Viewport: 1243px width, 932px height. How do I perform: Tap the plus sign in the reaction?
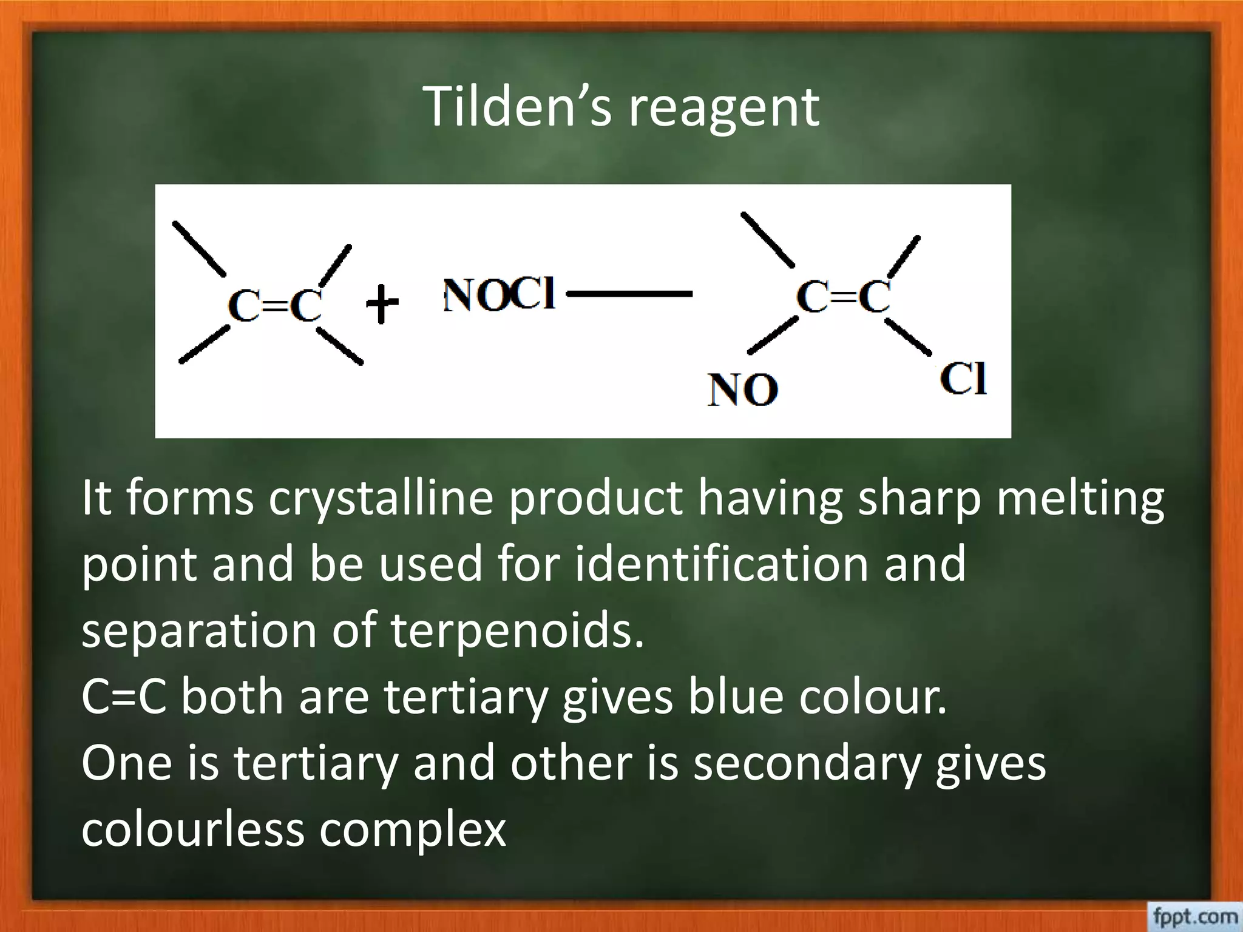click(382, 303)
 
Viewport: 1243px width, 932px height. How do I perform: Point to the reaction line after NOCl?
click(629, 294)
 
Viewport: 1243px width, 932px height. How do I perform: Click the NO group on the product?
click(742, 390)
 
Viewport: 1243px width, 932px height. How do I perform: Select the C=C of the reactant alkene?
click(274, 305)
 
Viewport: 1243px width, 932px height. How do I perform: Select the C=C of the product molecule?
click(844, 297)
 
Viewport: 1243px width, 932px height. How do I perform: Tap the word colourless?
click(192, 829)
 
